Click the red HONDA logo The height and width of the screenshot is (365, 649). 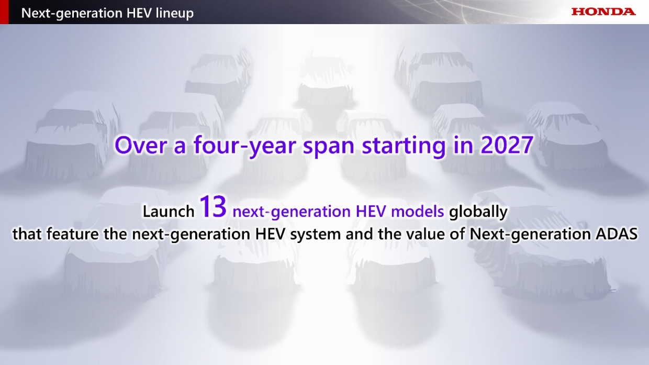click(603, 12)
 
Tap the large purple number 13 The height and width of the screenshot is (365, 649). click(213, 206)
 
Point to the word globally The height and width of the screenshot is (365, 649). click(478, 212)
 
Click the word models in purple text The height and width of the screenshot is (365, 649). click(418, 211)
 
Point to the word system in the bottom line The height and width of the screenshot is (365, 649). click(315, 235)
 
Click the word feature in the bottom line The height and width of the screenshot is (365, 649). click(72, 234)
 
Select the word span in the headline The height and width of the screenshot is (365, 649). click(329, 147)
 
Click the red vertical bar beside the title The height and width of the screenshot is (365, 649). click(4, 12)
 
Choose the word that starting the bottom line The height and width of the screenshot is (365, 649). click(27, 234)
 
